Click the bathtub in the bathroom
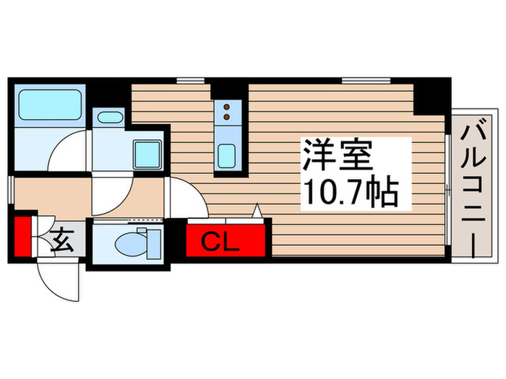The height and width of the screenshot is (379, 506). (48, 105)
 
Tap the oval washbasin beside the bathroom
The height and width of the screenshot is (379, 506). (110, 118)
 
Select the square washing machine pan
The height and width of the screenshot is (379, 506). (150, 153)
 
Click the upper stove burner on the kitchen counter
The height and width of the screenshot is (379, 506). (226, 107)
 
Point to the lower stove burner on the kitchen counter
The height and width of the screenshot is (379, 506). (226, 116)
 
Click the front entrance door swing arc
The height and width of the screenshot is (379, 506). (58, 282)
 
